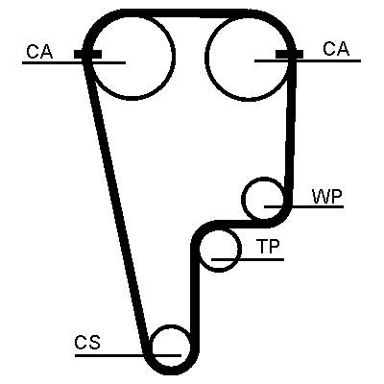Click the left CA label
pos(39,52)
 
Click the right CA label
pos(336,49)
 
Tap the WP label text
pos(327,197)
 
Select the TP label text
pos(268,247)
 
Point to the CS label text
pos(87,343)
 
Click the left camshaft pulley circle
pos(175,56)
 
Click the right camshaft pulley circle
pos(205,56)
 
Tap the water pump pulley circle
pos(243,199)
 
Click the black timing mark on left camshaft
pos(87,55)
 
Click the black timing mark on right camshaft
pos(289,55)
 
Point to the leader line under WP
pos(303,207)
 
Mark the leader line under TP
pos(248,259)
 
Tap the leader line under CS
pos(128,355)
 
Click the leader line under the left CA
pos(74,62)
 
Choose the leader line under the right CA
pos(307,60)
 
